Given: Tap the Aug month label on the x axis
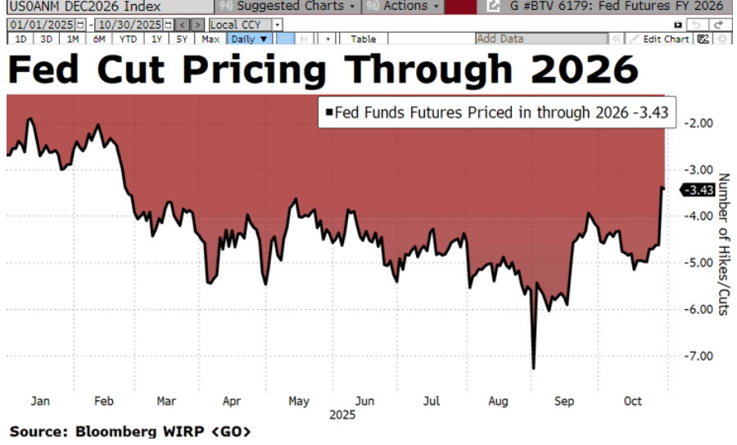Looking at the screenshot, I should [496, 401].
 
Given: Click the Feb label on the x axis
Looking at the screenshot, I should [103, 401].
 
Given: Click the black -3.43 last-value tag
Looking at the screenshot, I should [698, 190].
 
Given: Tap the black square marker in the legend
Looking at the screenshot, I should [329, 113].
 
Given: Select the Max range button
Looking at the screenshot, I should [210, 38].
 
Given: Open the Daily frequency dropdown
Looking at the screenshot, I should [249, 38].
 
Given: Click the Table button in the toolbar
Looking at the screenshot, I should [364, 38].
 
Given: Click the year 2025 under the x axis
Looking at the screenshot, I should [341, 415].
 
